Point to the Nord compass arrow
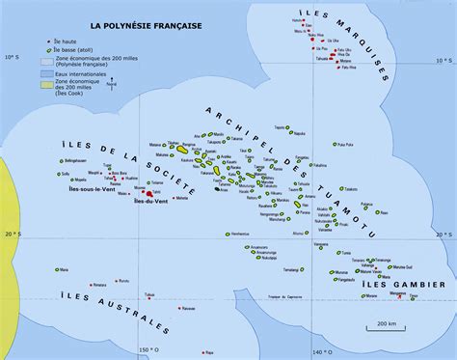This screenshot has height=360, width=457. coord(114,87)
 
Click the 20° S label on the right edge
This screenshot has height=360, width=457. coord(444,233)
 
